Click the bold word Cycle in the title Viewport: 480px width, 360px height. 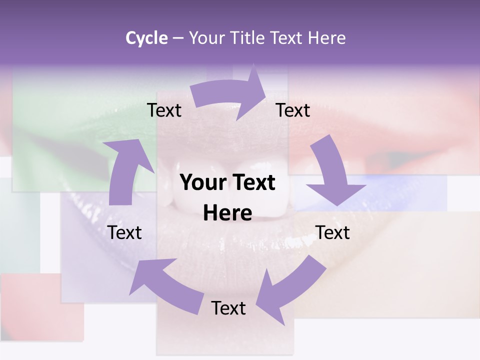click(x=146, y=38)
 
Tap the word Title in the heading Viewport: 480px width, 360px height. click(x=250, y=38)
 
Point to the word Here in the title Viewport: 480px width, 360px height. click(x=326, y=38)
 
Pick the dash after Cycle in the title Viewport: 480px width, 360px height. click(x=178, y=38)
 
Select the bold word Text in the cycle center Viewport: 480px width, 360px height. click(x=252, y=182)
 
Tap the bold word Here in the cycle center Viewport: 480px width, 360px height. click(x=227, y=213)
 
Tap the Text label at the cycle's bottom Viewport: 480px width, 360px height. click(x=228, y=308)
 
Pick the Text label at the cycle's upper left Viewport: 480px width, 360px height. click(x=164, y=110)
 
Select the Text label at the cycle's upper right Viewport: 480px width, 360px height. click(x=293, y=110)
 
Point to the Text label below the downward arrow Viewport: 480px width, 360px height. click(x=332, y=232)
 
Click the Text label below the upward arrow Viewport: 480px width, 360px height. click(x=125, y=232)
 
